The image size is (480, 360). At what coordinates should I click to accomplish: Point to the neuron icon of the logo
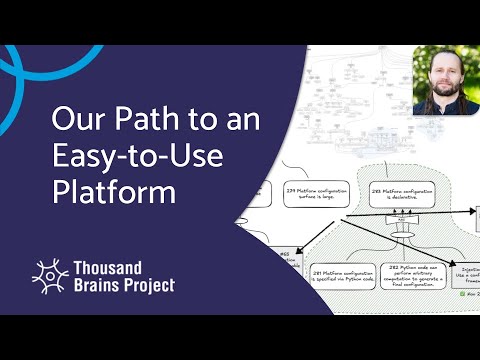click(x=49, y=276)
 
